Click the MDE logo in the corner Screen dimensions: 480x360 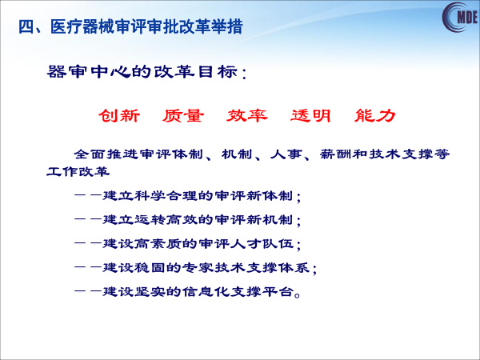click(x=461, y=17)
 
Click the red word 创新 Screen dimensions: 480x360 click(x=119, y=116)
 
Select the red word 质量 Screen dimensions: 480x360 click(x=183, y=116)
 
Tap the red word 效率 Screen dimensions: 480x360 click(x=247, y=116)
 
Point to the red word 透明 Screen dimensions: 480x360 click(x=310, y=116)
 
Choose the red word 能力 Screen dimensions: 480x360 click(x=375, y=116)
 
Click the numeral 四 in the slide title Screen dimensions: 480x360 click(x=26, y=26)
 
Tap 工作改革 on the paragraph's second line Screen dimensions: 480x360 click(x=78, y=171)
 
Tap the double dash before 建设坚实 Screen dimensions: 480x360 click(x=88, y=292)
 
